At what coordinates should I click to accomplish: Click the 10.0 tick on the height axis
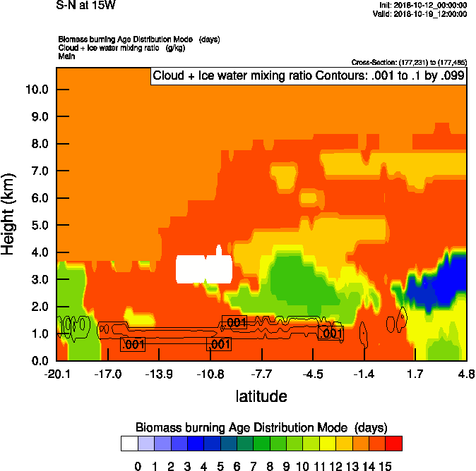tap(37, 90)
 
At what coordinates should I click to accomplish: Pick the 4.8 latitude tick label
tap(465, 373)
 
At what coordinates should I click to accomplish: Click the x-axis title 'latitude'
tap(261, 396)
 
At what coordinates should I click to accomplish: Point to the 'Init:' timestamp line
tap(422, 5)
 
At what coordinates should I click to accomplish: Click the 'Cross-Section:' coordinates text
tap(408, 63)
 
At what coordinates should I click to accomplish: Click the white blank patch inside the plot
tap(203, 268)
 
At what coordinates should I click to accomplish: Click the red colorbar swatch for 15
tap(394, 444)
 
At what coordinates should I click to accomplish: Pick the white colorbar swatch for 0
tap(129, 444)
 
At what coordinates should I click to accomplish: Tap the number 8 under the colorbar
tap(268, 465)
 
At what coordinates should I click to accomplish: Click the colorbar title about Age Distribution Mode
tap(261, 427)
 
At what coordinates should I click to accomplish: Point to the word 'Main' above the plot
tap(66, 55)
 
